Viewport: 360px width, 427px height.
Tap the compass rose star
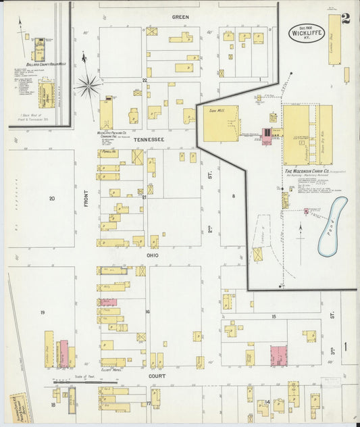(x=87, y=84)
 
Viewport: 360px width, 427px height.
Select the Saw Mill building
(x=220, y=124)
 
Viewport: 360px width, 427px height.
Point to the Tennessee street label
(x=148, y=139)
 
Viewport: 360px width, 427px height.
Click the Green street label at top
(x=180, y=16)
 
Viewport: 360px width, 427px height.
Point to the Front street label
(x=87, y=197)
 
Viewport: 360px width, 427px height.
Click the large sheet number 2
(x=345, y=19)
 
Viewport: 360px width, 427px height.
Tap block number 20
(x=51, y=198)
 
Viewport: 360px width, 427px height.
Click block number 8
(x=234, y=196)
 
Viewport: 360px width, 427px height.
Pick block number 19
(x=42, y=312)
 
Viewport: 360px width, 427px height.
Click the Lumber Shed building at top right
(x=334, y=39)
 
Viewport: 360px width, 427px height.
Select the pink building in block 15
(x=278, y=355)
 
